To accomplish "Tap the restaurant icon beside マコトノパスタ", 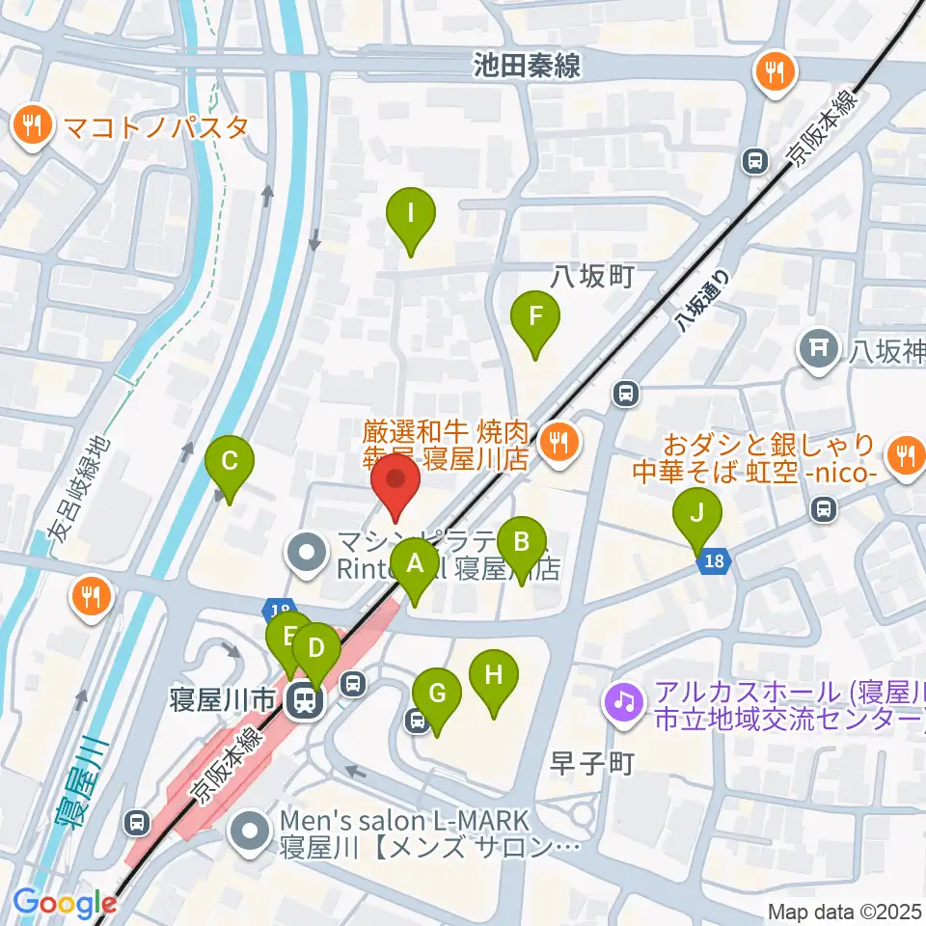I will pyautogui.click(x=33, y=125).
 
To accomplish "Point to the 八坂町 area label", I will pyautogui.click(x=591, y=278).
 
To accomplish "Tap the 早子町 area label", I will pyautogui.click(x=590, y=763).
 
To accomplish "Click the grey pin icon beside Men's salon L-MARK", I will pyautogui.click(x=253, y=832).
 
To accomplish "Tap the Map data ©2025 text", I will pyautogui.click(x=845, y=912).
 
